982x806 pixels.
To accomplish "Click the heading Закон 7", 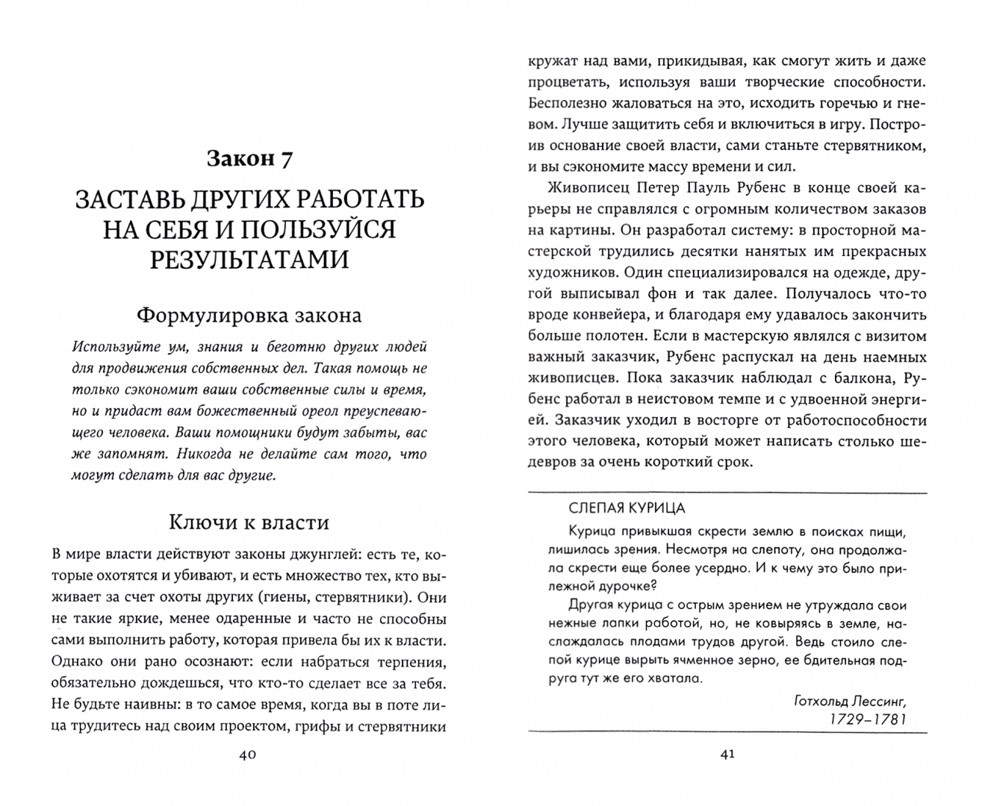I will click(x=249, y=159).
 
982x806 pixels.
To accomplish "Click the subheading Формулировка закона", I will click(x=249, y=315).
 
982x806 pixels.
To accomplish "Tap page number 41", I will click(x=727, y=755).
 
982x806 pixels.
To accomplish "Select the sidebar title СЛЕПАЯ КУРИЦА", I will click(x=627, y=507).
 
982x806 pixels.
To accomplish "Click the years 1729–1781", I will click(x=872, y=719).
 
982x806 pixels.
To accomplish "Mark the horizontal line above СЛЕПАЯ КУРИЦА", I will click(x=727, y=493).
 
